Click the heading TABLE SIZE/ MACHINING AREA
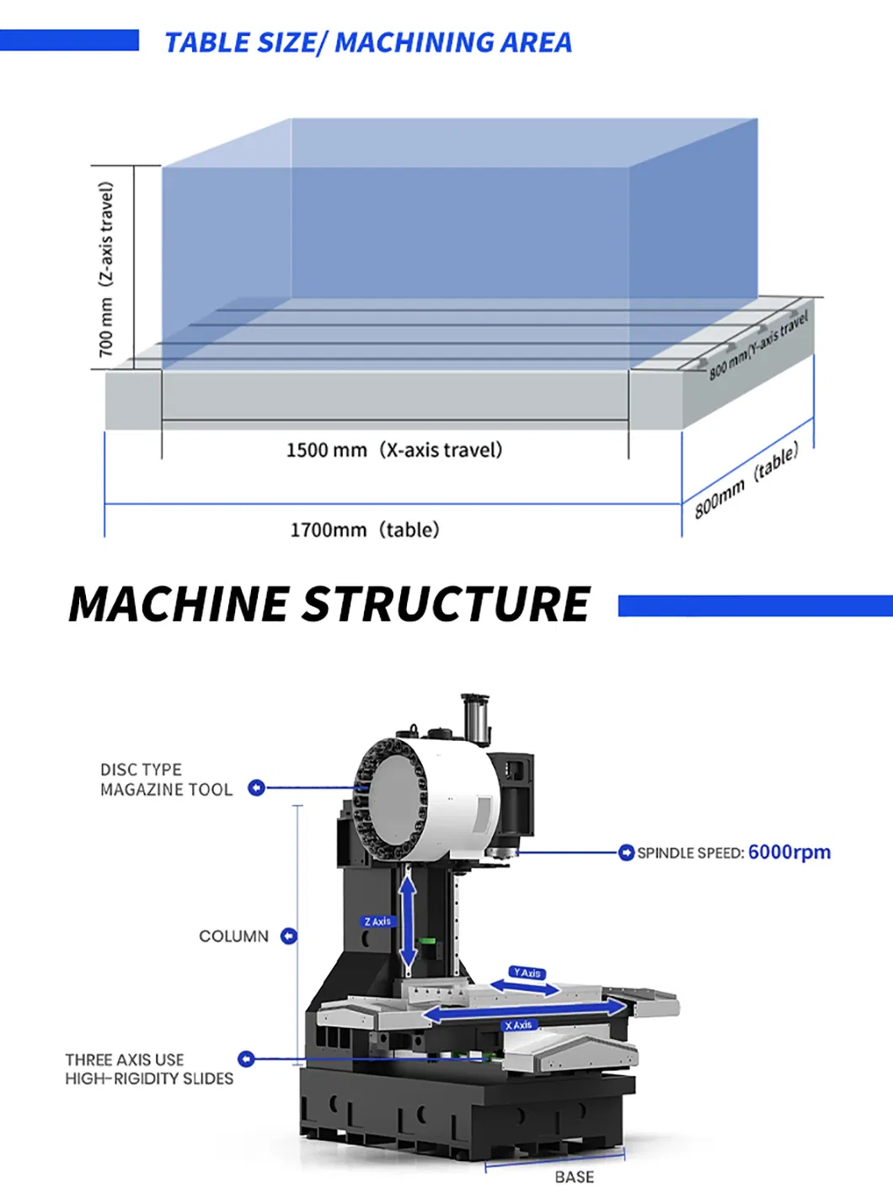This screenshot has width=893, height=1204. click(x=367, y=42)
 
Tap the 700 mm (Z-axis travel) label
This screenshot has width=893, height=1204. click(x=106, y=269)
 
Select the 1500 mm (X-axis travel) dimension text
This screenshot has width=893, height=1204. click(x=393, y=450)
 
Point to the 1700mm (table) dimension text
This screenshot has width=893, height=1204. click(x=364, y=530)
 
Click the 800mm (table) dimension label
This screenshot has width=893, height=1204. click(x=746, y=482)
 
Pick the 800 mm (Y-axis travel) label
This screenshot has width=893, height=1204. click(x=758, y=345)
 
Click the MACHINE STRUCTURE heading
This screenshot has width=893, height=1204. click(x=329, y=604)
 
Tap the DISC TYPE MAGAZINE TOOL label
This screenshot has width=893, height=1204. click(x=165, y=780)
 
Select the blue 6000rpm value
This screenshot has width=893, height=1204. click(x=789, y=852)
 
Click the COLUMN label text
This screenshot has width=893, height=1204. click(x=233, y=936)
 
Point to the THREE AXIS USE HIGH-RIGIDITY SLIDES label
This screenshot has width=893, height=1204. click(x=149, y=1068)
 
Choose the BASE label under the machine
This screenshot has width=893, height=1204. click(x=574, y=1177)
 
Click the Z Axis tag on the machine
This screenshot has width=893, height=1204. click(x=377, y=922)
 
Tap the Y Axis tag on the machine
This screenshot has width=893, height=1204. click(x=527, y=972)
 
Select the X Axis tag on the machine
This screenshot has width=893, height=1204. click(x=518, y=1025)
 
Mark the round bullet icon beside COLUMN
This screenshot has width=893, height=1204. click(x=288, y=936)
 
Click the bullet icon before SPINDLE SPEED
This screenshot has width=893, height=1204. click(x=626, y=853)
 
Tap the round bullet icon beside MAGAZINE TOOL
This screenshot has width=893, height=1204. click(x=256, y=788)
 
